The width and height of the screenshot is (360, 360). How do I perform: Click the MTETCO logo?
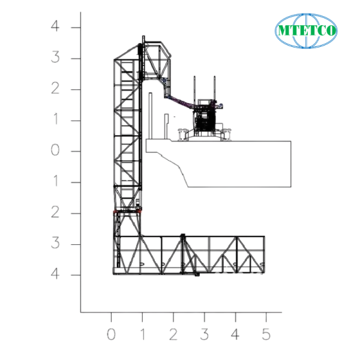tap(306, 29)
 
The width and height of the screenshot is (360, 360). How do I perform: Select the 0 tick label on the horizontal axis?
tap(111, 334)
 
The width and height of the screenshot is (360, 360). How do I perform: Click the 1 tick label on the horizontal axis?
tap(142, 334)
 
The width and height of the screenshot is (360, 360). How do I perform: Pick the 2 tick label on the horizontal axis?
tap(173, 334)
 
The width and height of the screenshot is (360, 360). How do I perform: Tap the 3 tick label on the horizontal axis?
tap(204, 334)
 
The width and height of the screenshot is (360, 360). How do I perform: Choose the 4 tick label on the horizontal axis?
tap(235, 334)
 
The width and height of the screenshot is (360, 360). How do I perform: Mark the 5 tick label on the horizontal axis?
tap(266, 334)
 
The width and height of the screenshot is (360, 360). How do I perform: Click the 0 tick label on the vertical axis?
tap(56, 151)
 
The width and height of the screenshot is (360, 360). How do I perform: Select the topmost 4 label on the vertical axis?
tap(56, 28)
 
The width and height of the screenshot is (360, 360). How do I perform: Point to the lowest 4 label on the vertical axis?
tap(56, 275)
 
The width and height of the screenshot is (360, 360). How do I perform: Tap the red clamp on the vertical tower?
tap(127, 211)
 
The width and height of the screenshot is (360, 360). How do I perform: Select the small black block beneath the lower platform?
tap(197, 275)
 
